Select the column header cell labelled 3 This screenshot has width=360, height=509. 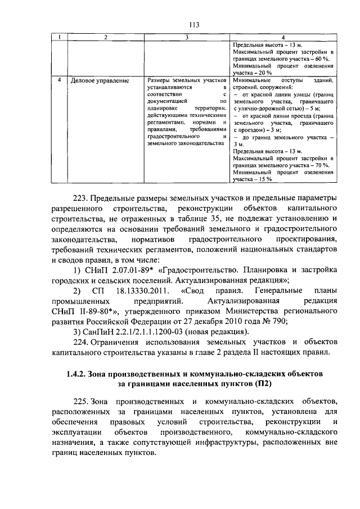coord(186,37)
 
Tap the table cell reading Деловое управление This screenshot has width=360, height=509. coord(99,80)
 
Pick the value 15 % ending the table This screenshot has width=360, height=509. coord(263,179)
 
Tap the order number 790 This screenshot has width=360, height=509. coord(280,321)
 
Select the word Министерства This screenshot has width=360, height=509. coord(240,311)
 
